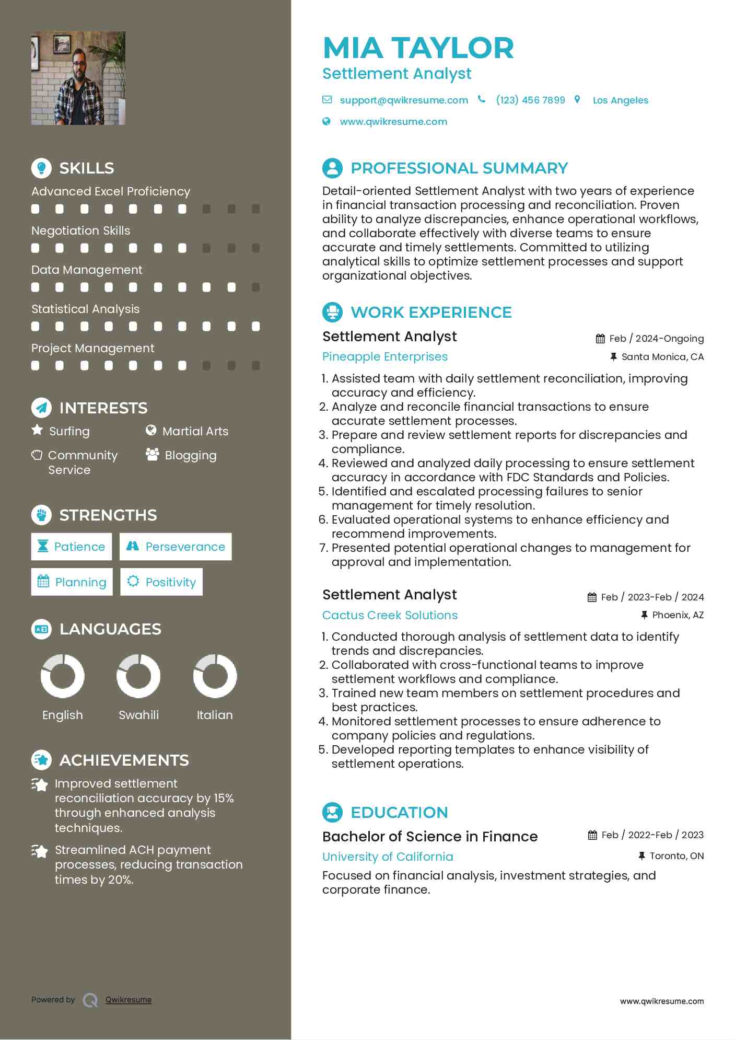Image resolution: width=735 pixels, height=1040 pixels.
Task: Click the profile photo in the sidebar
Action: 78,78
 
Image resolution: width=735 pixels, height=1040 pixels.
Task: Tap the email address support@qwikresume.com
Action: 403,100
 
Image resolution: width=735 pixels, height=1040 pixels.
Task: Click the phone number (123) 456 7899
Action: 530,100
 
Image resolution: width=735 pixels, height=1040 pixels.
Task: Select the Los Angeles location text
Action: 620,100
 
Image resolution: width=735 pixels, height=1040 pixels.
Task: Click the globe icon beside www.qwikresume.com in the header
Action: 326,122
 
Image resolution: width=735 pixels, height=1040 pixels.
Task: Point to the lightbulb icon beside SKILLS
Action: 41,168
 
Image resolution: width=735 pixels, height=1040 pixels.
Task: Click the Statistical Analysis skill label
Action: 85,309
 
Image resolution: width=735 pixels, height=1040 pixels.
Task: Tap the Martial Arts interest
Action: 195,431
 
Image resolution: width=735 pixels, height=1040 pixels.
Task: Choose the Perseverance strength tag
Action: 176,547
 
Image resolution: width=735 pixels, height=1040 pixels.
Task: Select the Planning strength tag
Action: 72,582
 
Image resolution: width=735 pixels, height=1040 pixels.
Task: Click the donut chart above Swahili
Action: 138,676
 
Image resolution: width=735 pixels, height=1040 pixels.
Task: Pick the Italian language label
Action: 215,715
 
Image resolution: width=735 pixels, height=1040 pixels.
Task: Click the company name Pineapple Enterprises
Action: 385,356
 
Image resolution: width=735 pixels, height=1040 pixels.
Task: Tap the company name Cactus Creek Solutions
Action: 390,615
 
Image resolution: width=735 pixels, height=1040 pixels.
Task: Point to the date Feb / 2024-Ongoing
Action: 656,339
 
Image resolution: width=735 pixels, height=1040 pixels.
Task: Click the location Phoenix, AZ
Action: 678,615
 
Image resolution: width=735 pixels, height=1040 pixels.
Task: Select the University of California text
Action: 388,857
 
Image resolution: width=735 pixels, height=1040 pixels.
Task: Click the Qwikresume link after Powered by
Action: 129,1000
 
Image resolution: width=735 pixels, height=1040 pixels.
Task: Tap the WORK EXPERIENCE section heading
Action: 431,313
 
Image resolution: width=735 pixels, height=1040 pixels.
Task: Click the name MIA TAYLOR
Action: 418,48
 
